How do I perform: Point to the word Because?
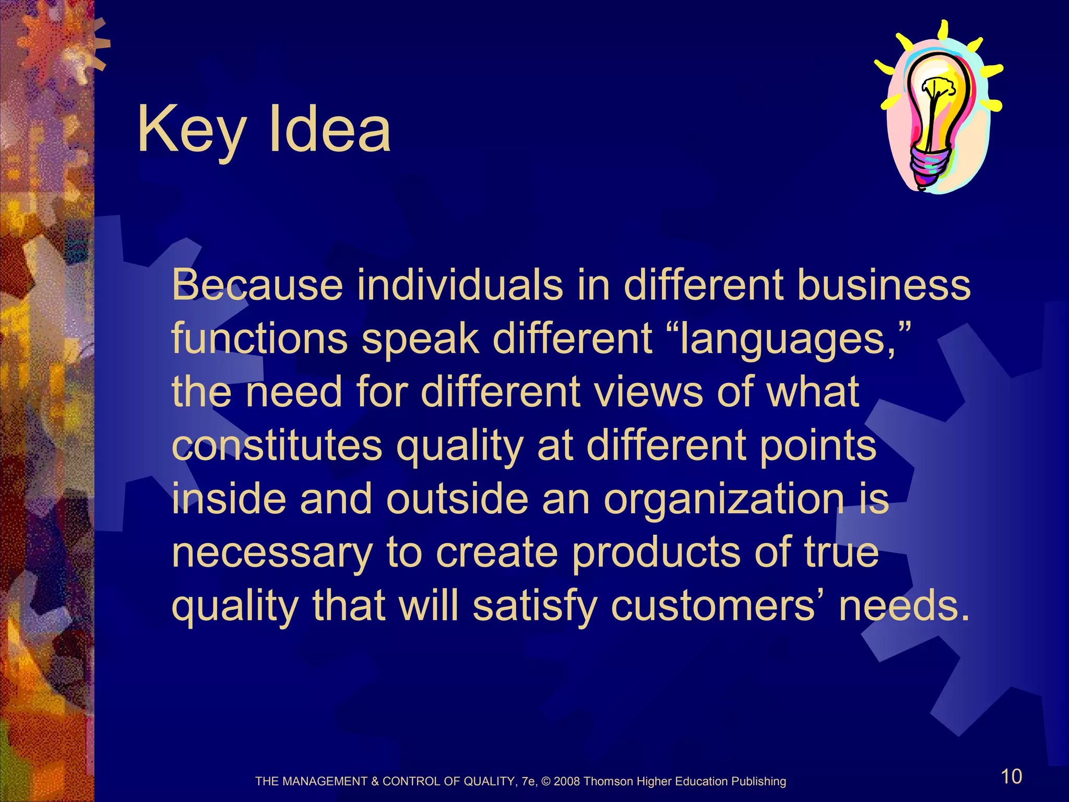click(x=257, y=285)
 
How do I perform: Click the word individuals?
click(x=460, y=285)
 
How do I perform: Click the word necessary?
click(x=272, y=553)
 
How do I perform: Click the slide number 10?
click(x=1011, y=776)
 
